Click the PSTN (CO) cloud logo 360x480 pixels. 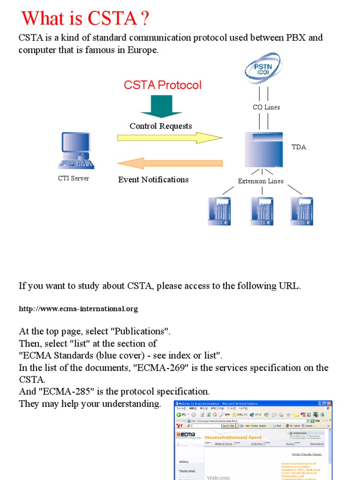[x=262, y=69]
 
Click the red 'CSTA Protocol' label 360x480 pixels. [x=162, y=85]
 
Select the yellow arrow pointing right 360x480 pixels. [x=169, y=138]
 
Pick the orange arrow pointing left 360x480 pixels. [x=169, y=164]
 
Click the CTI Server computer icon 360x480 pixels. [x=75, y=150]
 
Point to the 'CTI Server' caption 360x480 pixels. [x=73, y=178]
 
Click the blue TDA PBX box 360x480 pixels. [x=263, y=150]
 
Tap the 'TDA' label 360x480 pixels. [x=299, y=147]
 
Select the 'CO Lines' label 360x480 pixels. [x=266, y=107]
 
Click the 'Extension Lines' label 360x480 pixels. [x=260, y=181]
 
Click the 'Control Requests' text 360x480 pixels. [x=161, y=126]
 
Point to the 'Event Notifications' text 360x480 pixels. [x=153, y=180]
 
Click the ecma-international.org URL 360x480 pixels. [x=78, y=309]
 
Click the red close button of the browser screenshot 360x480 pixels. [x=329, y=404]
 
